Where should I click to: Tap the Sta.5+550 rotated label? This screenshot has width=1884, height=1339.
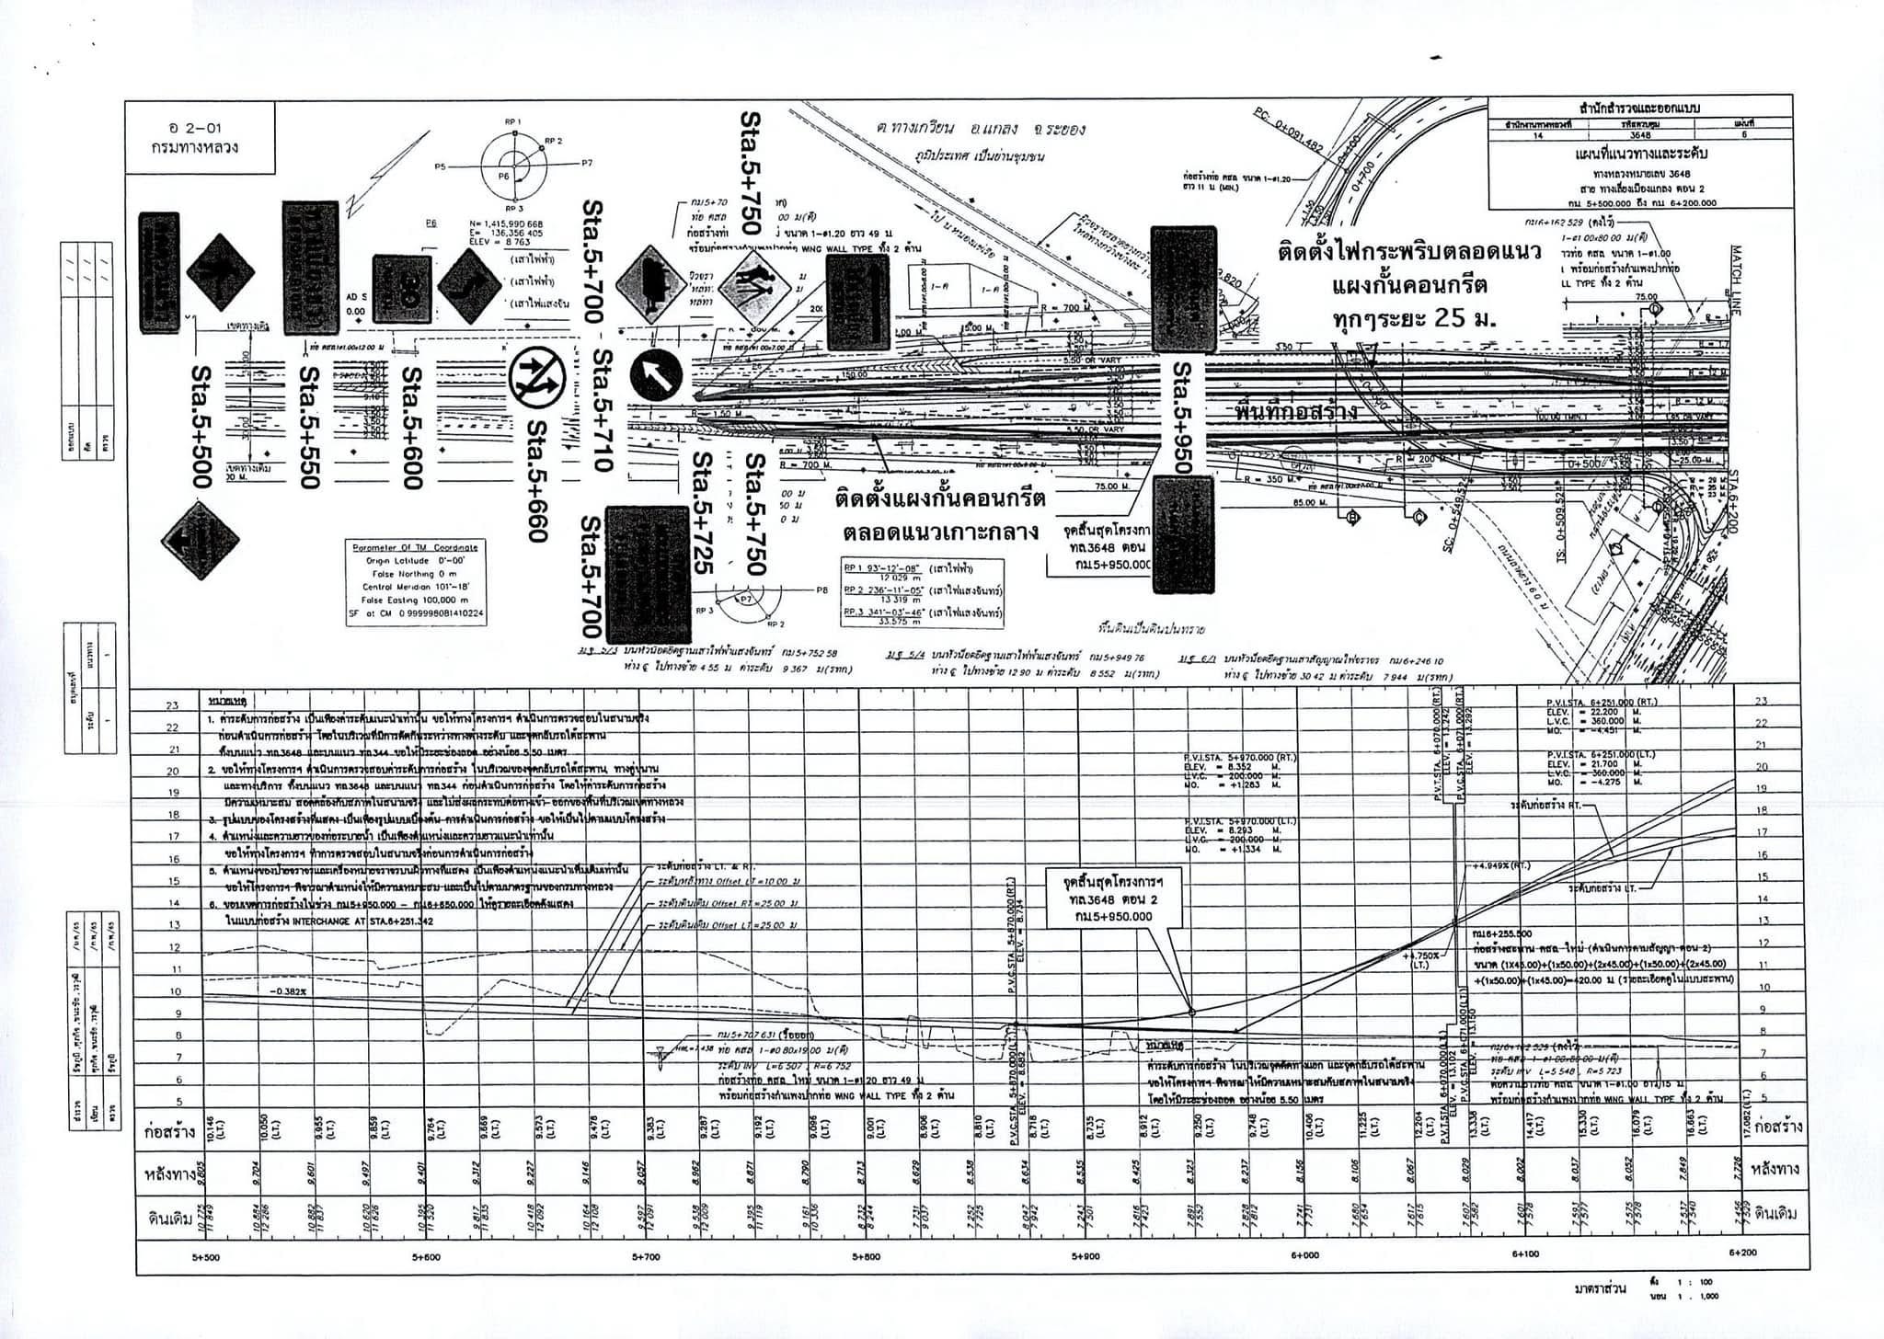point(311,428)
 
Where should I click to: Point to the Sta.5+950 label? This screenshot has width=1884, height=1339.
point(1182,417)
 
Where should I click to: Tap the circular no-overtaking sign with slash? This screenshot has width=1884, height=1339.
point(536,375)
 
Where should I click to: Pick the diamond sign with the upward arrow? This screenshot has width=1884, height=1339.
point(219,272)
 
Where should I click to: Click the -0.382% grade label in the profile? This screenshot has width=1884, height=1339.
point(287,991)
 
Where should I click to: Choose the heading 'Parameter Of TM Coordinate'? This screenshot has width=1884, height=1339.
point(416,547)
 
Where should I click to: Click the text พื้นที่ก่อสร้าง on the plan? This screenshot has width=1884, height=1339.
point(1296,411)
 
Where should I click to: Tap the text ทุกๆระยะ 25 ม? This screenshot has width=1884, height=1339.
point(1416,320)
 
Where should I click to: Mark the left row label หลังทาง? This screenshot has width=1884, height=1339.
point(172,1173)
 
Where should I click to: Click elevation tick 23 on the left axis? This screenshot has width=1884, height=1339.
point(172,705)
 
